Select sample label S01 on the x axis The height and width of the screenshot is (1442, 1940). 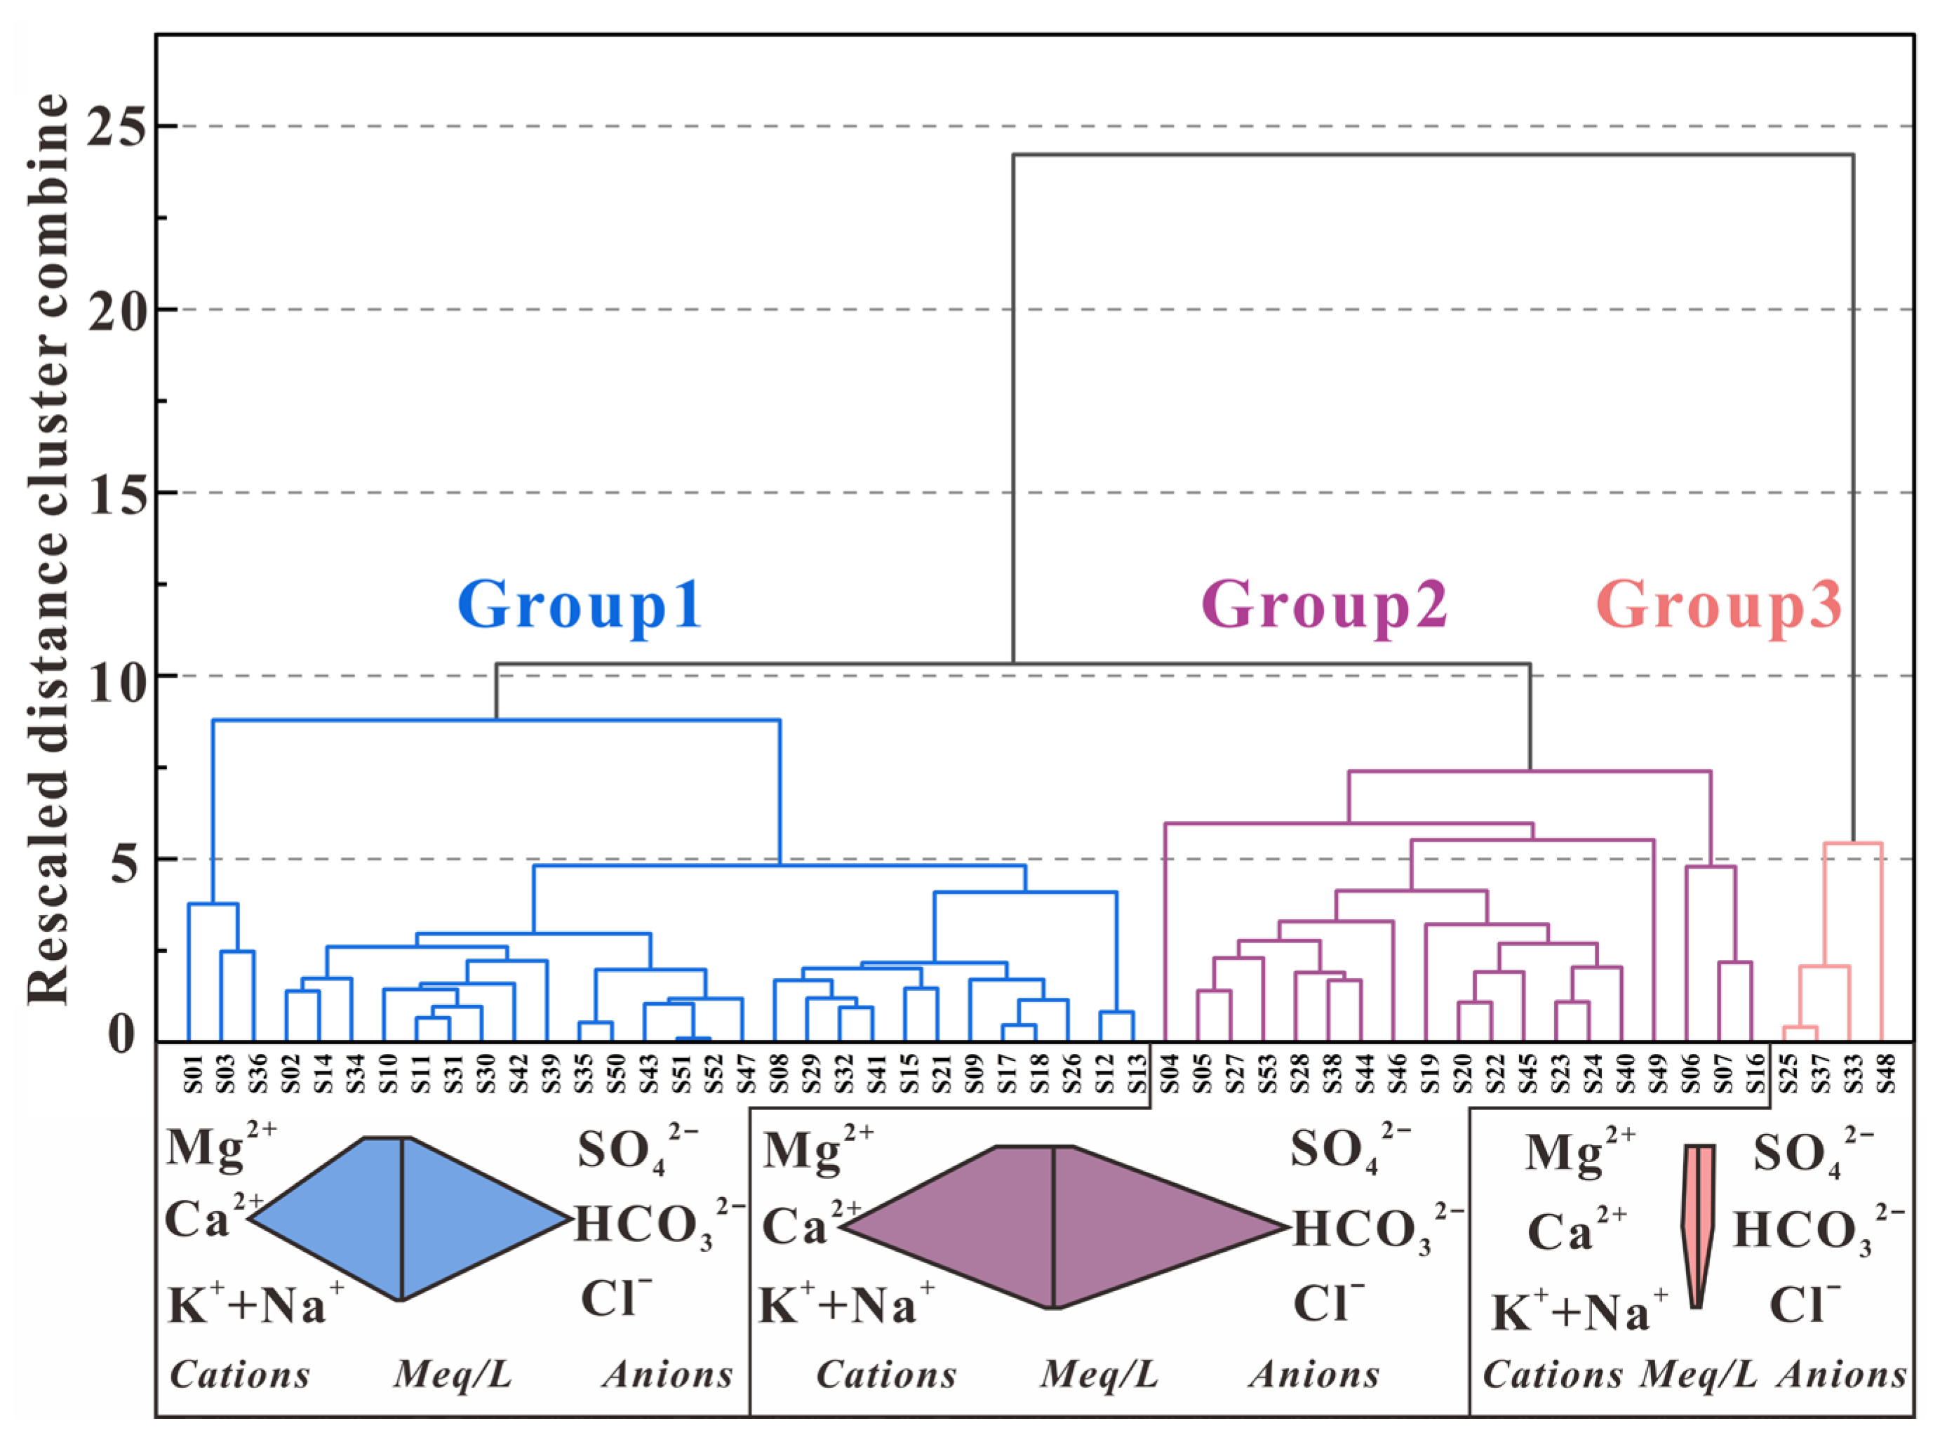click(x=193, y=1073)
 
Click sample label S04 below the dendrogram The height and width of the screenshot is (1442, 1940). click(x=1170, y=1073)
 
